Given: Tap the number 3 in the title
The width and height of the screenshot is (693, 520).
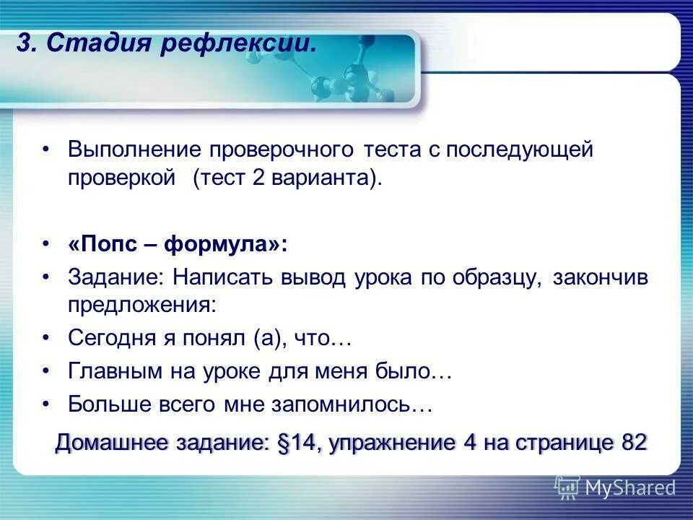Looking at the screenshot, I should coord(22,43).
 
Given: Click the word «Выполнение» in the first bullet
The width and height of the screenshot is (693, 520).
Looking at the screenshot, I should coord(134,150).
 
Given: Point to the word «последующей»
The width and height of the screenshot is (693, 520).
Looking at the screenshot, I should coord(519,150).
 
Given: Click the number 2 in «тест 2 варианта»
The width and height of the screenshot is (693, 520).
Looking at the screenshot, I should coord(259,178).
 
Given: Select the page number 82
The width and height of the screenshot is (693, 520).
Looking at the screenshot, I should coord(633,443).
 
